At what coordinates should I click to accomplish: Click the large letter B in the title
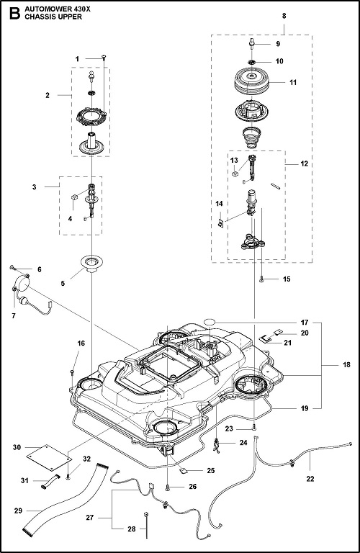coord(15,14)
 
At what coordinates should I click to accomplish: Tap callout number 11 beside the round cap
coord(293,83)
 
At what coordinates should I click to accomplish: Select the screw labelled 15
coord(261,279)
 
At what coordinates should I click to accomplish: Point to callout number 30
coord(17,447)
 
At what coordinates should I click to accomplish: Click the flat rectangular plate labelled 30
coord(50,457)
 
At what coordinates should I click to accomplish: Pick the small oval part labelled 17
coord(210,322)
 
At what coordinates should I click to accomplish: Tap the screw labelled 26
coord(168,487)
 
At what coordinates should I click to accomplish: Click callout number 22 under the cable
coord(310,479)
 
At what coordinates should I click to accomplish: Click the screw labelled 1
coord(104,57)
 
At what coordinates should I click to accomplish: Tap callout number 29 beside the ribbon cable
coord(18,511)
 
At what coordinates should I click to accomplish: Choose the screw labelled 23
coord(254,428)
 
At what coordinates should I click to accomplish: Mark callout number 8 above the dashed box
coord(284,16)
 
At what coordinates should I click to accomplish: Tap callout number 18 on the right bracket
coord(346,364)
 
